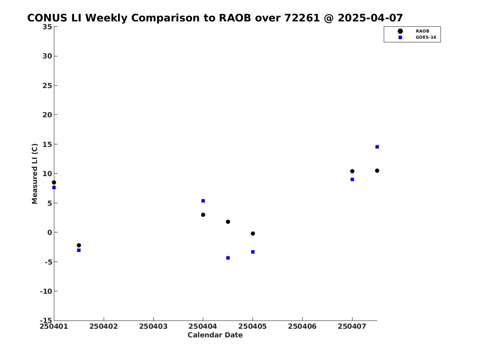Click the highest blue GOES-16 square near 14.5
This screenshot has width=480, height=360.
[x=377, y=147]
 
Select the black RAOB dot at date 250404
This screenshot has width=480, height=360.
[x=203, y=215]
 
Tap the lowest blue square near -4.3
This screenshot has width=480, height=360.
[x=228, y=258]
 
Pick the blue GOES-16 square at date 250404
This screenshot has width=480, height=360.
[x=203, y=201]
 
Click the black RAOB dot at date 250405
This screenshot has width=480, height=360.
[x=253, y=234]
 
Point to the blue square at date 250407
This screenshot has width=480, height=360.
[x=352, y=179]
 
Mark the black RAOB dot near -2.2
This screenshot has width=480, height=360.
[x=79, y=245]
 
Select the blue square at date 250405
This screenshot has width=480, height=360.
[x=253, y=252]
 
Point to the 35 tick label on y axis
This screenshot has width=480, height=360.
[x=47, y=27]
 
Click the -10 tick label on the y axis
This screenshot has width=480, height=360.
[x=46, y=291]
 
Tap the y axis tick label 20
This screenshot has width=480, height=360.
[x=47, y=115]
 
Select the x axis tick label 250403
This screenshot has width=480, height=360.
[x=153, y=326]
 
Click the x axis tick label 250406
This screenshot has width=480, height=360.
[x=302, y=326]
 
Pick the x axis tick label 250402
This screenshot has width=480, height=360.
[x=104, y=326]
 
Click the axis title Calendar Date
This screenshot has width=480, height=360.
[x=215, y=335]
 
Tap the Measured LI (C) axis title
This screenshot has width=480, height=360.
[x=35, y=174]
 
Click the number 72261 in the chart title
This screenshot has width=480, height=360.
[x=302, y=18]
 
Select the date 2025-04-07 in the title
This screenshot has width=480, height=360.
[x=370, y=18]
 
